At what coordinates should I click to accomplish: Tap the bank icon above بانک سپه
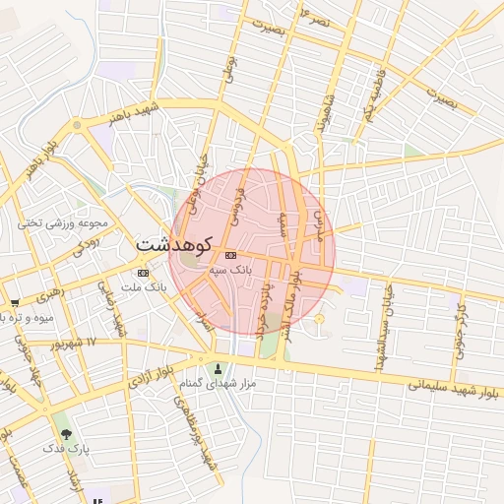(230, 255)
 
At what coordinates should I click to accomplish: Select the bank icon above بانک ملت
(144, 273)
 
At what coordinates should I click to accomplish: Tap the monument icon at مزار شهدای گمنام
(219, 369)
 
